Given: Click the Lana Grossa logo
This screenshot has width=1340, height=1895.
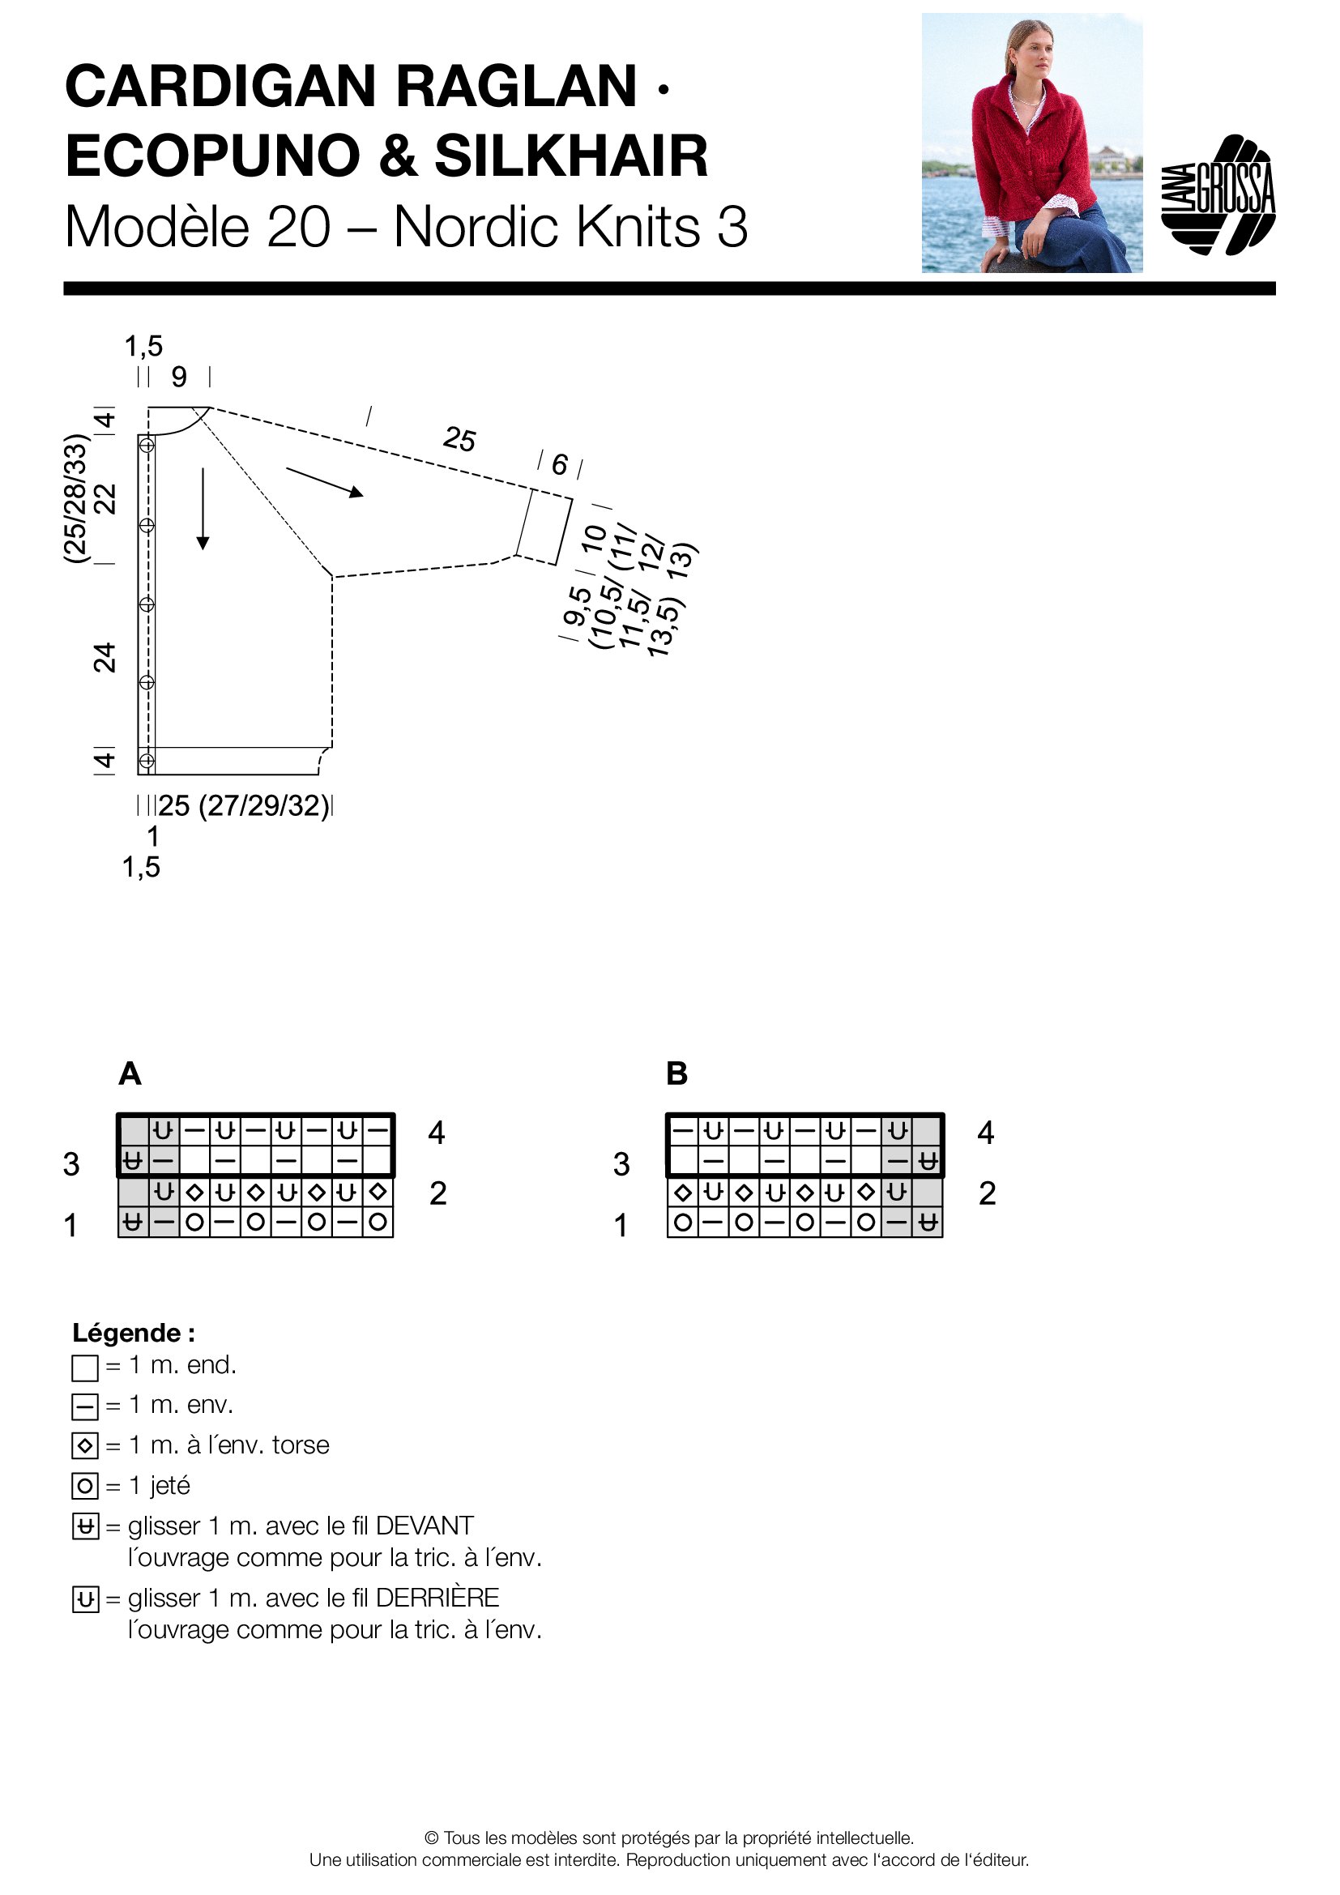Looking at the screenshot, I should point(1218,194).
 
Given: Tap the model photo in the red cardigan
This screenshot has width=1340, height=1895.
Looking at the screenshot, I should point(1031,143).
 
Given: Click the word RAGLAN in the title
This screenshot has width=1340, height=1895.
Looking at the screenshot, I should point(516,87).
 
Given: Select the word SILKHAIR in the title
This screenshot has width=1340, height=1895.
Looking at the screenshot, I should point(571,156).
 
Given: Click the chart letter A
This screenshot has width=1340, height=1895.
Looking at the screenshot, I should point(130,1073).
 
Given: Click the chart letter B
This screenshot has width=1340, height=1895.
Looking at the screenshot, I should point(676,1073).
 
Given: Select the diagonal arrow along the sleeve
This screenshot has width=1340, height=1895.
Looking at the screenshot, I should point(324,482).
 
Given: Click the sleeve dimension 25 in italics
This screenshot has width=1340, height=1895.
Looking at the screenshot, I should point(459,438).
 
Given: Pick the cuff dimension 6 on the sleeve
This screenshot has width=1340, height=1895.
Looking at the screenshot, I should point(560,465).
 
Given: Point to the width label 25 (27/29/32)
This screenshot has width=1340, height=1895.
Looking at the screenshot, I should point(244,805).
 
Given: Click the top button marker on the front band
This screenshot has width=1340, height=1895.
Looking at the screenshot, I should point(147,446).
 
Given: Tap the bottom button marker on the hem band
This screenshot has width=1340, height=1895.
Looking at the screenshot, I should point(147,760).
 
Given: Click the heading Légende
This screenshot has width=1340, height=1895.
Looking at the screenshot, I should point(134,1333).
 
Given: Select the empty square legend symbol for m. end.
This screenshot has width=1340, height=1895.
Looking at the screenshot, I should point(85,1368).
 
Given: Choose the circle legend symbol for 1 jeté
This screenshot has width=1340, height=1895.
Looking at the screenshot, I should point(85,1487).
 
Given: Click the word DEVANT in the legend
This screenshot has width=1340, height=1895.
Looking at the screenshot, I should point(424,1526).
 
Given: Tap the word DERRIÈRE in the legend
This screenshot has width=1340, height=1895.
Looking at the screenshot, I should point(437,1598).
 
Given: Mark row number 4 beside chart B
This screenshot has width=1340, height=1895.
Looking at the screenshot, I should point(985,1133).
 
